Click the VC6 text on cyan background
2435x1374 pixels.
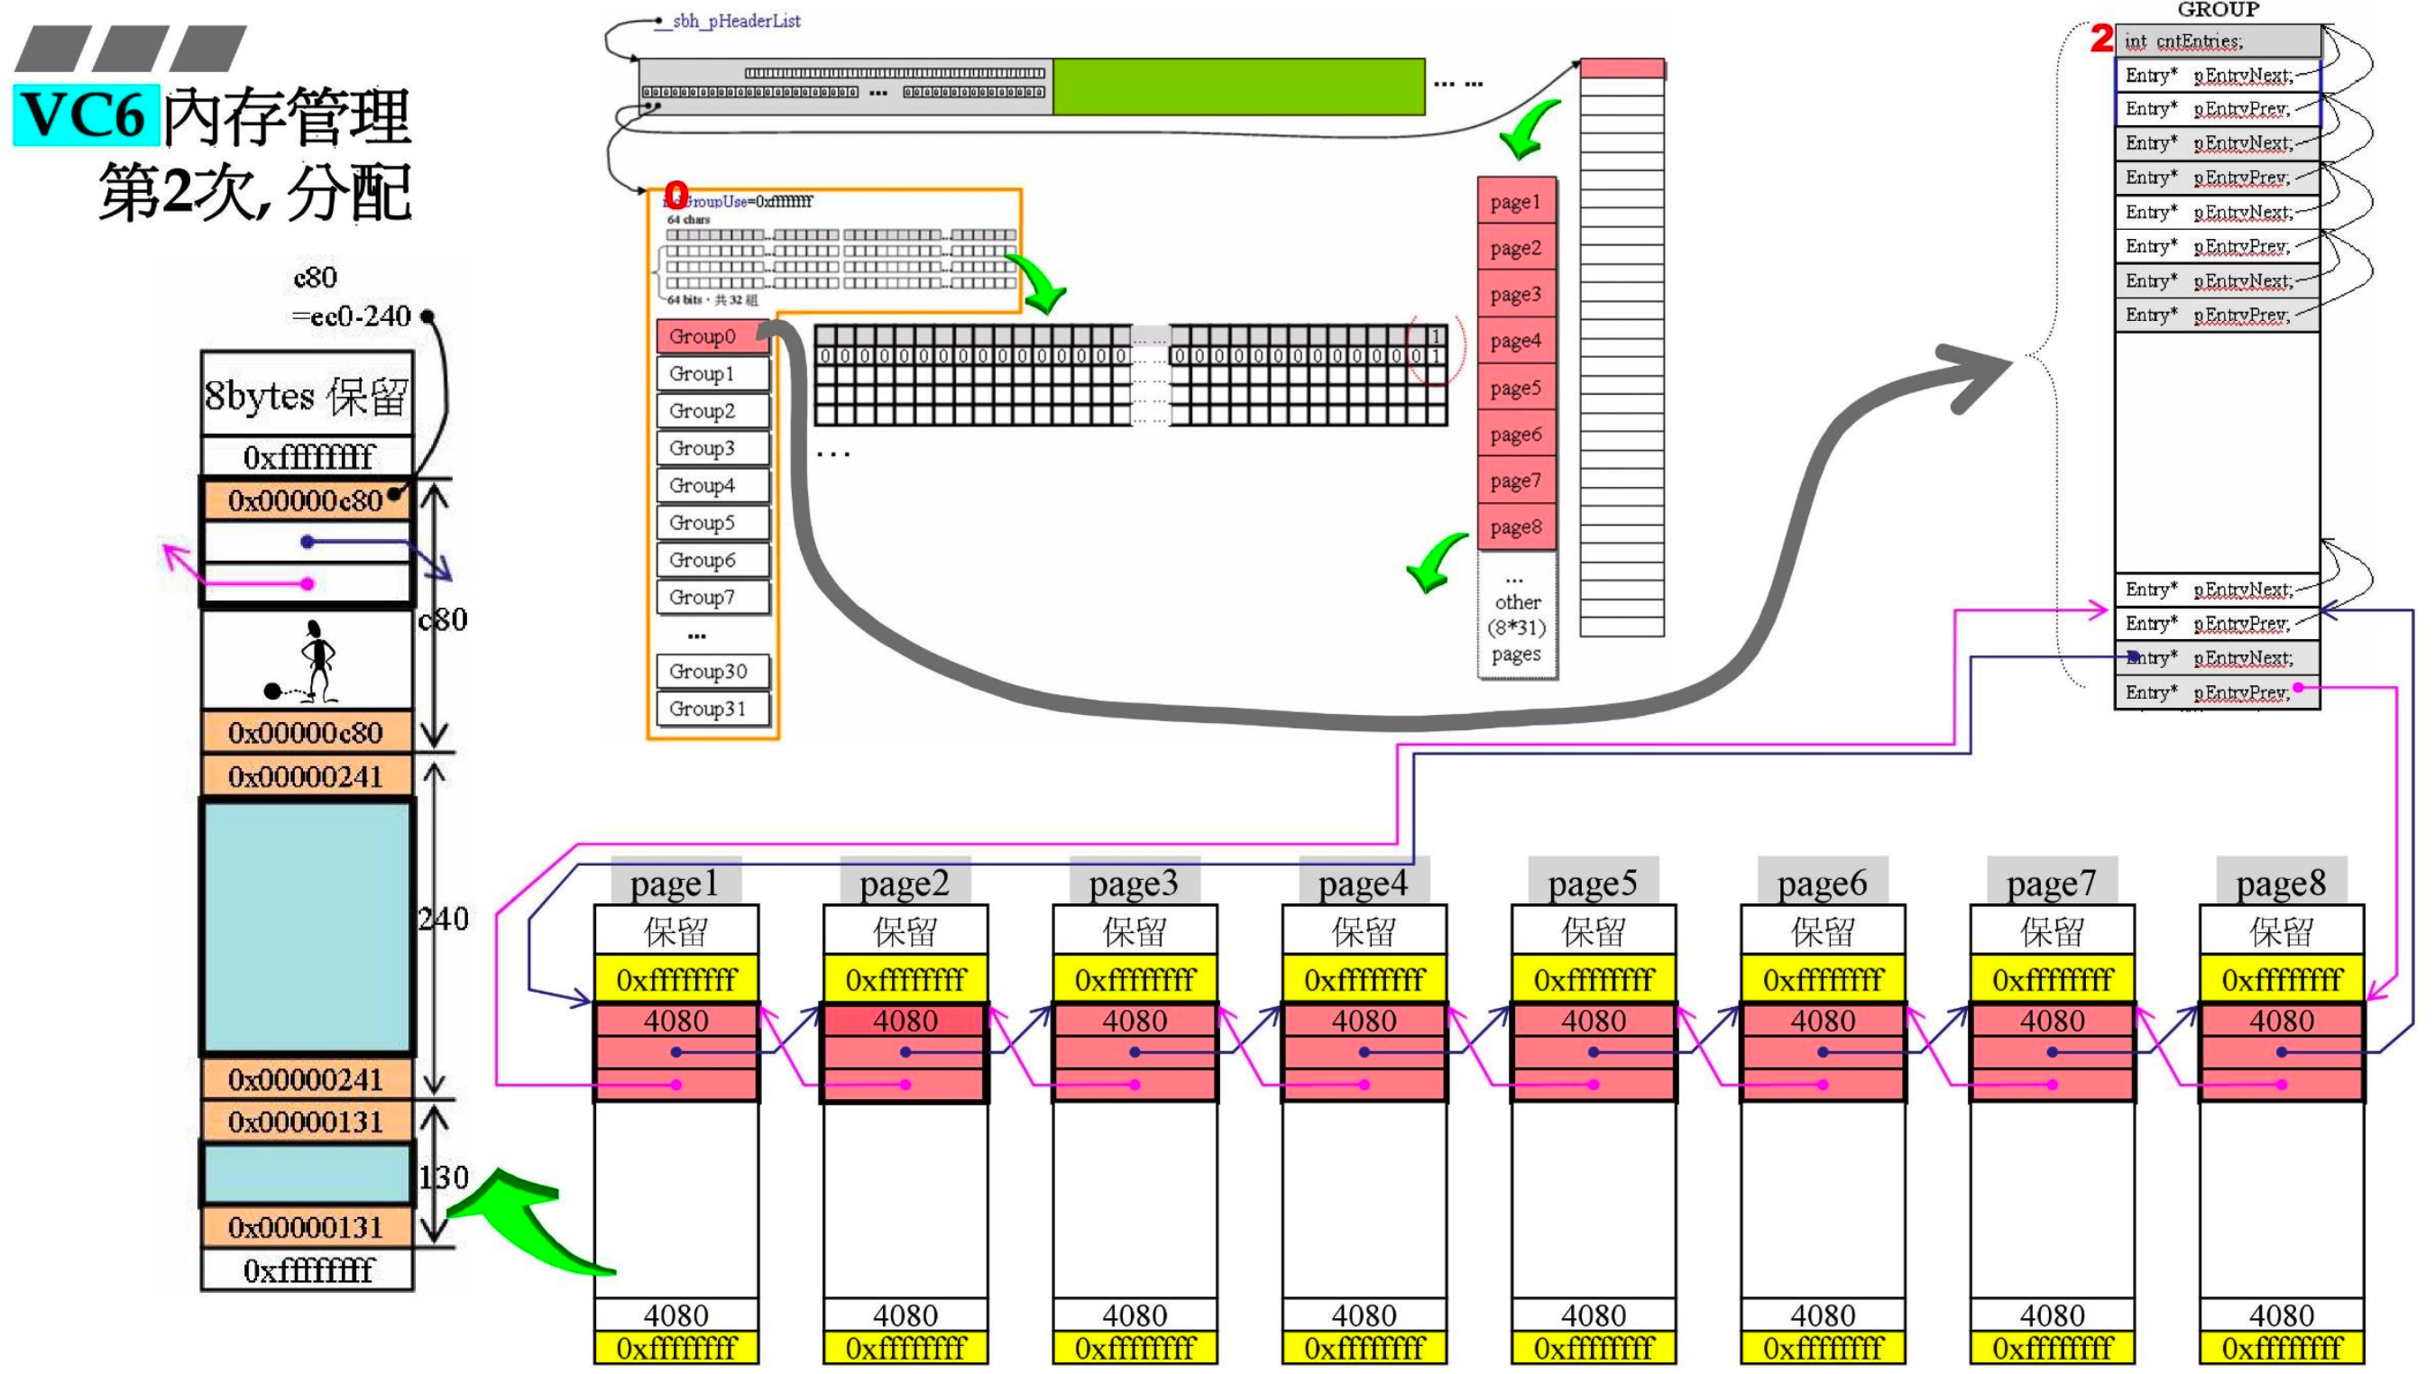coord(85,115)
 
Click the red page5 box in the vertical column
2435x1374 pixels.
coord(1515,389)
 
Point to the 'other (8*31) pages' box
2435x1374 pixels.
coord(1516,617)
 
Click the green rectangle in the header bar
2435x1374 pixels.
coord(1238,87)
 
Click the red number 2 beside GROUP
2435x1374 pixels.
coord(2100,39)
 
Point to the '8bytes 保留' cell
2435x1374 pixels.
coord(307,395)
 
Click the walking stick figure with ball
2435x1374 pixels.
coord(308,662)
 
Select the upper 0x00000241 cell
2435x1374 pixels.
coord(307,777)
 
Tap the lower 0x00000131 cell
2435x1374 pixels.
coord(307,1228)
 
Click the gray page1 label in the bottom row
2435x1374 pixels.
coord(675,883)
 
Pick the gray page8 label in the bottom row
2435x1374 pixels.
coord(2280,883)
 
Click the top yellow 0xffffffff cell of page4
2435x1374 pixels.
coord(1363,980)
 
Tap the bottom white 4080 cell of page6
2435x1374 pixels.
coord(1823,1314)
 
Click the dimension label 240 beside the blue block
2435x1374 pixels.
coord(444,919)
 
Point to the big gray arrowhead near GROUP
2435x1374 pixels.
coord(1971,376)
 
